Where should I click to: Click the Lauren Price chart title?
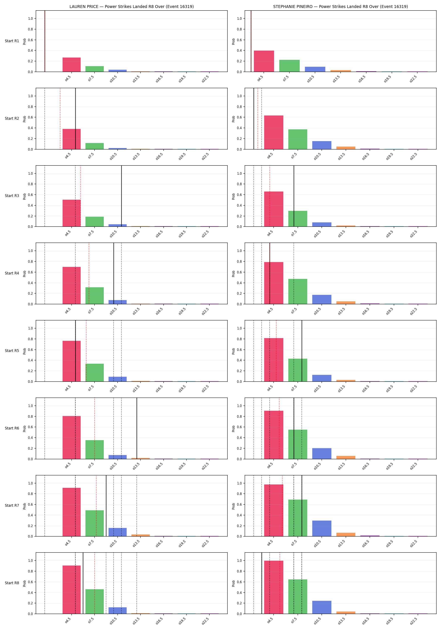(x=131, y=7)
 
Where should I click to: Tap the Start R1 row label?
(x=12, y=41)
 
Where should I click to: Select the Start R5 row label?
(x=12, y=351)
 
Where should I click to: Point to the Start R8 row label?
(x=12, y=583)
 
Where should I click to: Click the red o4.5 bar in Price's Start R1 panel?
(x=72, y=65)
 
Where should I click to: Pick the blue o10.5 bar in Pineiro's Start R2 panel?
(x=322, y=145)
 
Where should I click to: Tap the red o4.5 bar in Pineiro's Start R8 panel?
(x=274, y=587)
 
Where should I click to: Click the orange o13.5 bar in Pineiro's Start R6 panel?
(x=346, y=457)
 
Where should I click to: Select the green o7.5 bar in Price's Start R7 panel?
(x=95, y=523)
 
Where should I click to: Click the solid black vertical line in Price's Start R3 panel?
(x=122, y=196)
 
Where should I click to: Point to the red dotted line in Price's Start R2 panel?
(x=60, y=118)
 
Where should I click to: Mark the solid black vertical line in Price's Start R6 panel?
(x=137, y=428)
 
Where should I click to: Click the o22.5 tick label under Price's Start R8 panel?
(x=205, y=620)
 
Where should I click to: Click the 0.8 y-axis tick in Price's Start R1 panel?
(x=30, y=29)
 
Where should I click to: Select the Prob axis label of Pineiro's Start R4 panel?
(x=233, y=274)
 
